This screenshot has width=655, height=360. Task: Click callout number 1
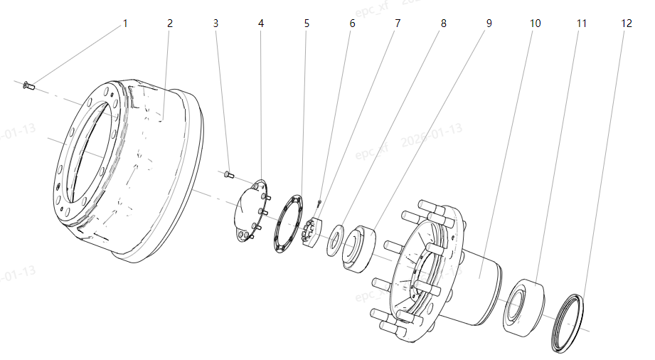click(125, 23)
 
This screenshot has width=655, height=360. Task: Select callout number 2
click(170, 23)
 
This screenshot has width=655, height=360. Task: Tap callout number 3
click(215, 23)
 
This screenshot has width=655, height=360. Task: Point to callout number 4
click(261, 23)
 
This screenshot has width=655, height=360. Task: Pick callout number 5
click(307, 23)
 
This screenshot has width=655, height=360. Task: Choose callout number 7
click(398, 23)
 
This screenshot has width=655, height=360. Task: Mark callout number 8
click(444, 23)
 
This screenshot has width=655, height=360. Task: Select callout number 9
click(489, 23)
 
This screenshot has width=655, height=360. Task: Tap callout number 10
click(536, 23)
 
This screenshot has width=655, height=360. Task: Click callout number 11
click(582, 23)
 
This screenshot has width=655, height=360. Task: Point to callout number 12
click(627, 23)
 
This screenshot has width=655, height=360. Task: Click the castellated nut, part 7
click(312, 233)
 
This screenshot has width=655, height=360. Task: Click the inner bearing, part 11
click(523, 306)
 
